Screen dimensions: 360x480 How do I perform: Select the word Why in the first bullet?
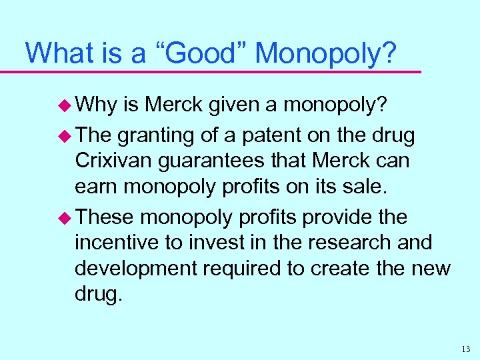97,106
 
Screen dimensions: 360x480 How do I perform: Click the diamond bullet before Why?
66,106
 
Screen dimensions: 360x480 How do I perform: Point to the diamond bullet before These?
66,218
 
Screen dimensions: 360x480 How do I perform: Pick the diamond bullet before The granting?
66,137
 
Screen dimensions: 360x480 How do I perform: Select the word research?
341,243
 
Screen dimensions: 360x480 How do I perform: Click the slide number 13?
465,348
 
